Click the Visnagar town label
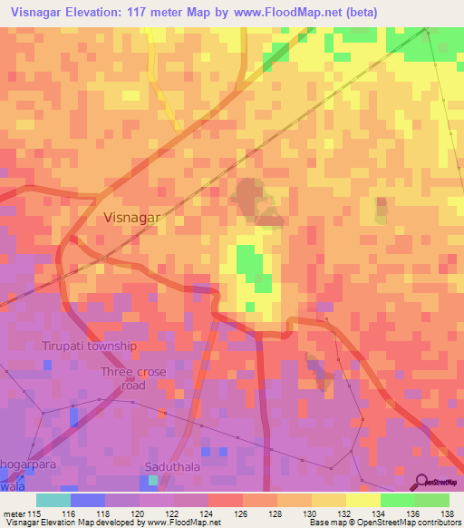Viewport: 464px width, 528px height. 132,218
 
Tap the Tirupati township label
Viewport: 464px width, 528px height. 89,347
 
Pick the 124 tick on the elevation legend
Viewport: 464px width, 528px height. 208,513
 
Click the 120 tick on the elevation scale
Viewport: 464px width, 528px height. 140,513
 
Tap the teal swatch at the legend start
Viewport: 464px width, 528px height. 53,500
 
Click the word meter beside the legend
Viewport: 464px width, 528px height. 14,513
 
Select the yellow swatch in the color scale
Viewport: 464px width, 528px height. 329,500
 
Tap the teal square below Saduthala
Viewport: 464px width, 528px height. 154,481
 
